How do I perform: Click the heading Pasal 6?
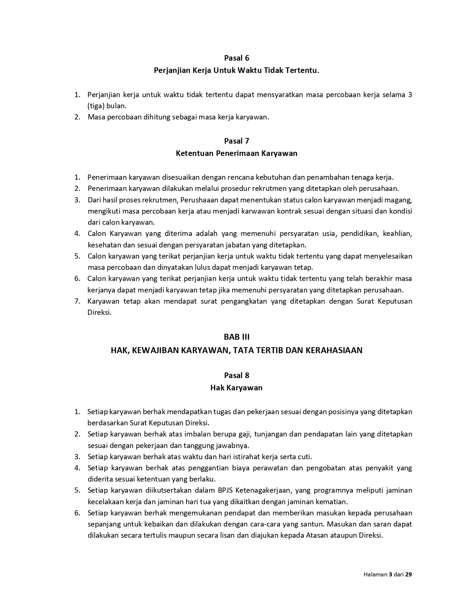(x=236, y=58)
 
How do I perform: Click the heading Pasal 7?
(x=236, y=141)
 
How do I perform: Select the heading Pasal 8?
(x=236, y=375)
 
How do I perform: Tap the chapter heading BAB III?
(x=236, y=337)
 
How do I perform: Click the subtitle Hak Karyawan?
(x=236, y=388)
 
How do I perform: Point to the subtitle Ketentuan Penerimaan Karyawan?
(x=236, y=153)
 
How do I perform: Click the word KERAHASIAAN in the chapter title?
(x=334, y=350)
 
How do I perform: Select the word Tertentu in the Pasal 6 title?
(x=302, y=70)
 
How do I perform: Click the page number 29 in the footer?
(x=409, y=574)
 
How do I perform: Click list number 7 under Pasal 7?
(x=77, y=301)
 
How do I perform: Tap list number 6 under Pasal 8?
(x=77, y=513)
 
